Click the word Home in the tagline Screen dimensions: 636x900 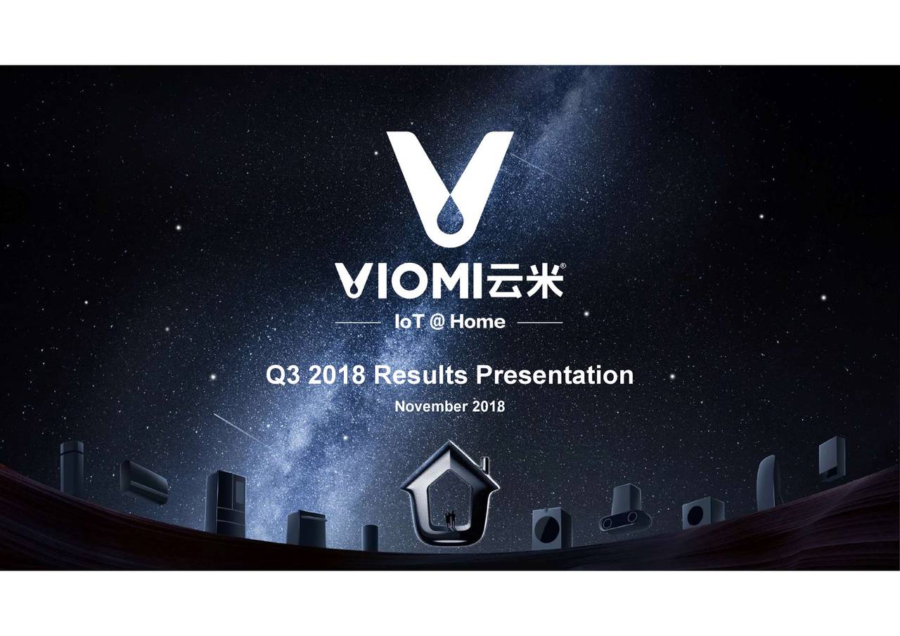point(478,323)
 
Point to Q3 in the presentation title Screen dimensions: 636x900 point(284,375)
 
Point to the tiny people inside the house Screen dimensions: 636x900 point(450,518)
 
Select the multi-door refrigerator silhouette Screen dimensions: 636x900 point(226,502)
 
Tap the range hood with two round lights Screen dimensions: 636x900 point(624,510)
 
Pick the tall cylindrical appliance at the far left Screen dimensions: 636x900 point(72,467)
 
